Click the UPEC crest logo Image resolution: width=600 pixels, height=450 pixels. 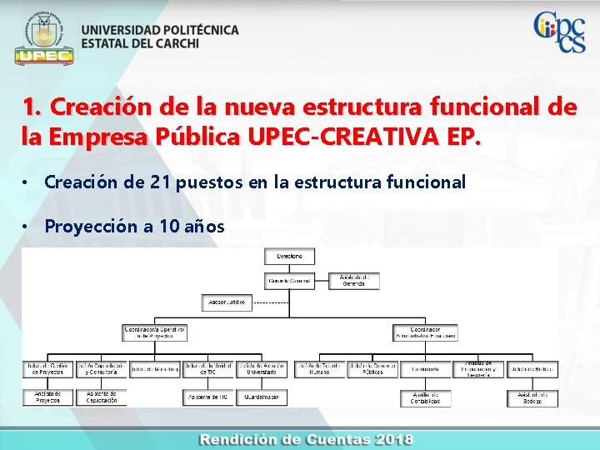click(43, 37)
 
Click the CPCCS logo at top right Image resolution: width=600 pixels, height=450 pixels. click(559, 32)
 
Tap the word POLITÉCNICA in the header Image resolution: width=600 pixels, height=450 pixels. click(197, 30)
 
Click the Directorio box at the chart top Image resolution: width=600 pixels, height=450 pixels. click(290, 257)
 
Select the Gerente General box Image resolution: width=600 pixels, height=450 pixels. click(290, 281)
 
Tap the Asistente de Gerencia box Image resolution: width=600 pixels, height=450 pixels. click(353, 281)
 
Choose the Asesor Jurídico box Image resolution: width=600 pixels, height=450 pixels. click(226, 302)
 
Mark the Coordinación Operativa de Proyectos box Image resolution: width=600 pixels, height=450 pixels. click(153, 332)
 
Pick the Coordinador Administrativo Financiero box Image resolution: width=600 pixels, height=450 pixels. click(425, 332)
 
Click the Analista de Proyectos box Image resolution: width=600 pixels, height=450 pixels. click(47, 397)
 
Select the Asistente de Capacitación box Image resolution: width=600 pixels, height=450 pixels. click(101, 397)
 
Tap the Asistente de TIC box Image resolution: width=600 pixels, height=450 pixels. click(208, 397)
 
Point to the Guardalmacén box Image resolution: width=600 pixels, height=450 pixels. click(262, 397)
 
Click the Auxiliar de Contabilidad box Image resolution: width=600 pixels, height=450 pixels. click(425, 397)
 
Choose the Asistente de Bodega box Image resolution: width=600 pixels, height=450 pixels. click(532, 397)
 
